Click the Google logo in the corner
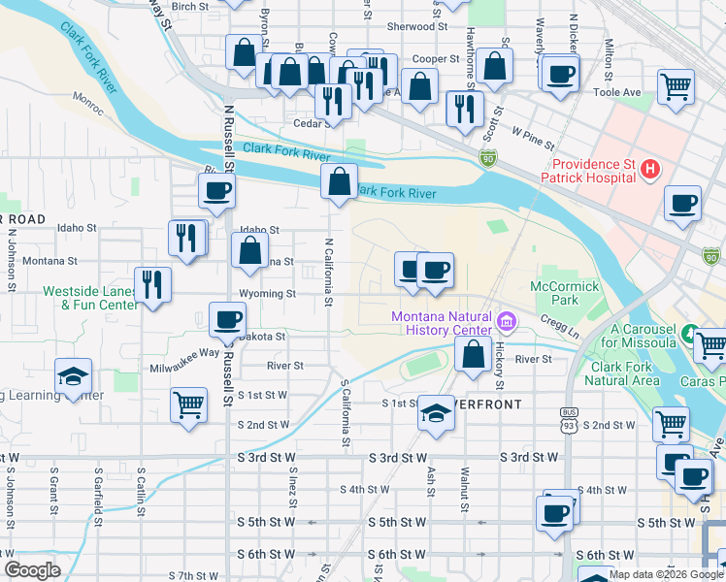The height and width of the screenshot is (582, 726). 33,569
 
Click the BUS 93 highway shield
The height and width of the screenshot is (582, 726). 568,420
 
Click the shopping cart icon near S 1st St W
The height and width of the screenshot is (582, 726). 188,404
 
